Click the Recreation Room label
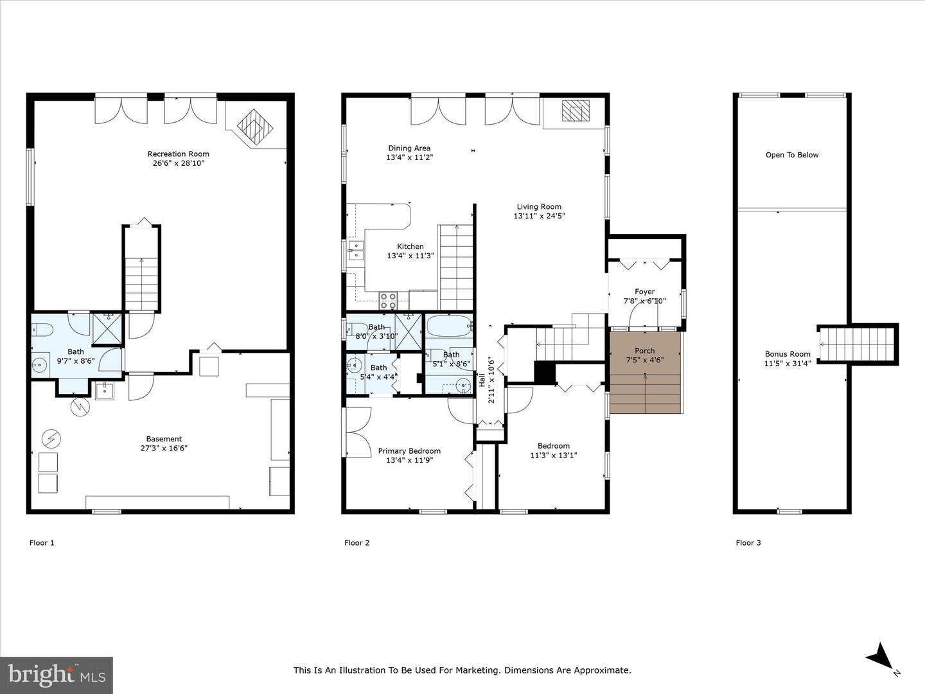click(x=179, y=154)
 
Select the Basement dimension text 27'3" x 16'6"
click(x=164, y=448)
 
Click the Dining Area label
click(x=409, y=148)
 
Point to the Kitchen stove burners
click(x=388, y=301)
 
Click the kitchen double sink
click(x=356, y=250)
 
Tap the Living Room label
click(x=539, y=206)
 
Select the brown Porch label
click(x=645, y=351)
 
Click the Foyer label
click(x=645, y=292)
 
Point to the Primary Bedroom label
click(x=409, y=451)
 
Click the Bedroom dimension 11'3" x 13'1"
click(x=553, y=455)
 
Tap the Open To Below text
click(x=792, y=155)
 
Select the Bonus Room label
click(x=788, y=354)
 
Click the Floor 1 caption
click(x=42, y=543)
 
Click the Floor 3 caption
click(x=748, y=543)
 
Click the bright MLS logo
click(x=57, y=675)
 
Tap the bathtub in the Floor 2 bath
click(x=449, y=326)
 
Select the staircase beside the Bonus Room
click(x=856, y=344)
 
